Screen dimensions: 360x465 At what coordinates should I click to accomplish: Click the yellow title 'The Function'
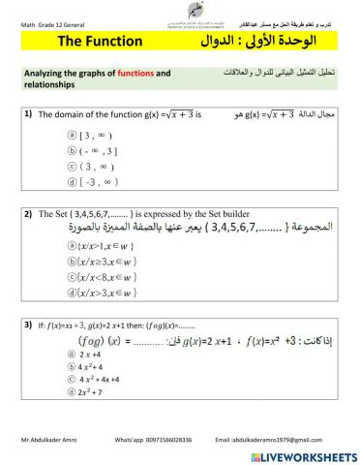pos(100,44)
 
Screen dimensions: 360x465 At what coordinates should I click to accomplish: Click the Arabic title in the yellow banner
pos(266,44)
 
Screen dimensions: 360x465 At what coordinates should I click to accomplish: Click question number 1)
pos(28,113)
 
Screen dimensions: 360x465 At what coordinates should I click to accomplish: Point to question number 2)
pos(29,213)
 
